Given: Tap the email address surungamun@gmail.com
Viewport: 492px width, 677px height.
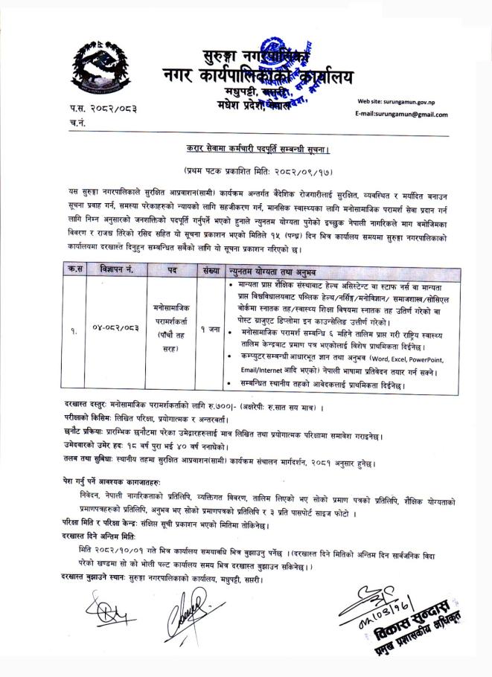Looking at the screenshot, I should coord(403,115).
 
